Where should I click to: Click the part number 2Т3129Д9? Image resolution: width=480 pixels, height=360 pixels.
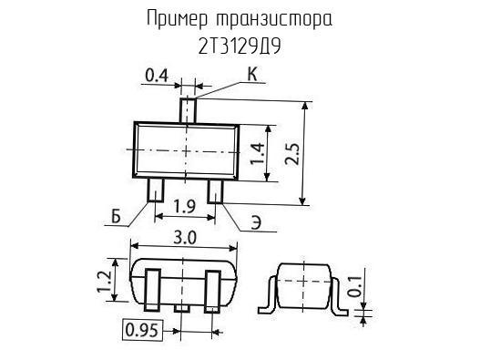pos(240,46)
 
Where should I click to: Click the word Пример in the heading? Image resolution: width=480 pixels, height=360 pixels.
pos(178,19)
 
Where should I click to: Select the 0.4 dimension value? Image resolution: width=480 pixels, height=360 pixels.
pos(157,76)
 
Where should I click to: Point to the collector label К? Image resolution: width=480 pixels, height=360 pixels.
pos(252,74)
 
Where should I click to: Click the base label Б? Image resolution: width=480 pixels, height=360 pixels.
pos(116,217)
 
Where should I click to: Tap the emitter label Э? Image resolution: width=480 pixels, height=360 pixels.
pos(257,222)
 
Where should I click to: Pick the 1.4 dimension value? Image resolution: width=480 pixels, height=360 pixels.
pos(257,153)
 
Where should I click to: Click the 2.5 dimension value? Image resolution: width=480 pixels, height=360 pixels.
pos(291,153)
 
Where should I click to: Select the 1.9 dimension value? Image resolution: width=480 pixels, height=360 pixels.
pos(185,206)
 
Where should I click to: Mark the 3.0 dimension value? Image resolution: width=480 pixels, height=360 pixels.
pos(185,238)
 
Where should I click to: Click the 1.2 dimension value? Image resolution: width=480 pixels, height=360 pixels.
pos(104,282)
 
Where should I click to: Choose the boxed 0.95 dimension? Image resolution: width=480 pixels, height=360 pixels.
pos(142,330)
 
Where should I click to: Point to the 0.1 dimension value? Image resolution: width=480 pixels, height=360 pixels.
pos(355,287)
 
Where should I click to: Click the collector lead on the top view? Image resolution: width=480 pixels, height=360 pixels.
pos(188,110)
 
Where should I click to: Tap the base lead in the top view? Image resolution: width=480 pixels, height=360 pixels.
pos(156,190)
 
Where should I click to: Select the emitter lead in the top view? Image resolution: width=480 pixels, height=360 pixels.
pos(216,191)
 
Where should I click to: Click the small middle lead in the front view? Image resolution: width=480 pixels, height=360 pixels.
pos(182,309)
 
